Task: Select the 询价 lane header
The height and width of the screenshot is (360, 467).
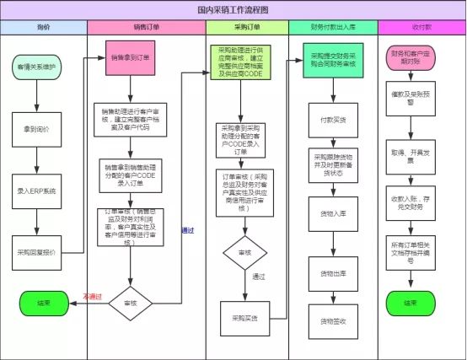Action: (x=43, y=28)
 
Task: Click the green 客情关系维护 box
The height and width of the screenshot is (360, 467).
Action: (x=35, y=66)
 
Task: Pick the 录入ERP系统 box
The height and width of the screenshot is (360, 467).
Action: (x=36, y=191)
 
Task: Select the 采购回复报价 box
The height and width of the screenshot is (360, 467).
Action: (x=36, y=251)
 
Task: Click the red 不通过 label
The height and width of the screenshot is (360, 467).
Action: (x=93, y=297)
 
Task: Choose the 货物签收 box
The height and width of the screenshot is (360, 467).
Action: (x=331, y=320)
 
